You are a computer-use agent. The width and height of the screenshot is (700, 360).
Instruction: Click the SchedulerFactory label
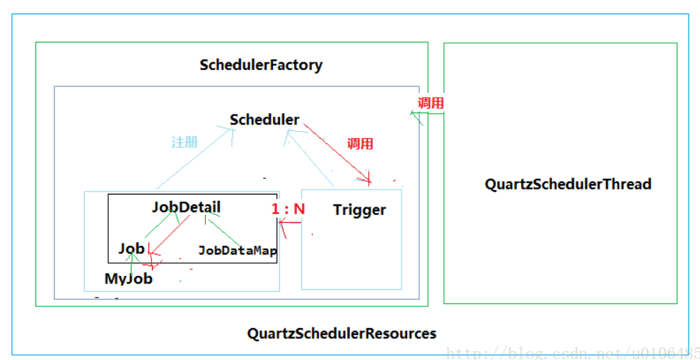coord(261,65)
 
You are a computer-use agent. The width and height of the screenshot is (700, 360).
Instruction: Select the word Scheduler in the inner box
coord(264,120)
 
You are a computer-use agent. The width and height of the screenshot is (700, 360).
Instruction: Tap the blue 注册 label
coord(185,142)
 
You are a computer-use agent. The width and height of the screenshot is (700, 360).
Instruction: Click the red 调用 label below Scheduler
coord(360,144)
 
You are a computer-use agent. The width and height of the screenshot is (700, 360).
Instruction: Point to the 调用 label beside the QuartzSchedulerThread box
coord(431,103)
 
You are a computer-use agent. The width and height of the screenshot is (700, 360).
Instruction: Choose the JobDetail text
coord(186,207)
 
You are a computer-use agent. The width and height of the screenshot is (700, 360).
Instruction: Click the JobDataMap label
coord(237,250)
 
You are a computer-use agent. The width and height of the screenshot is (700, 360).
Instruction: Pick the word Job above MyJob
coord(132,248)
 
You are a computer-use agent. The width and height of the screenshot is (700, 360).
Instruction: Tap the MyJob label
coord(129,279)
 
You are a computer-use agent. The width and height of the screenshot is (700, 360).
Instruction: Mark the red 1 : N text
coord(288,209)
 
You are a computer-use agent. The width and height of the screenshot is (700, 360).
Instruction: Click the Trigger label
coord(359,210)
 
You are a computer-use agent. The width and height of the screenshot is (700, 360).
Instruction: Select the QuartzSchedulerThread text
coord(568,185)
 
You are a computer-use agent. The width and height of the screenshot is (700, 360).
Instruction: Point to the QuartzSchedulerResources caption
coord(342,333)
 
